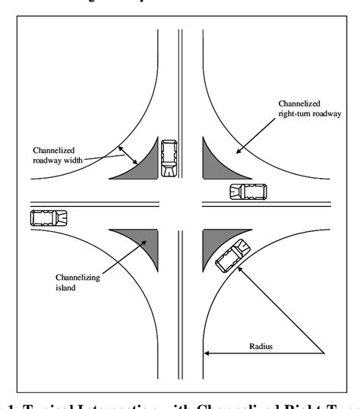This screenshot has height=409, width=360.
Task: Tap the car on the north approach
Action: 168,157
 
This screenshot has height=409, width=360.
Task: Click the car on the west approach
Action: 49,217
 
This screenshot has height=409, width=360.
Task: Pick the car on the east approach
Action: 248,192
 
